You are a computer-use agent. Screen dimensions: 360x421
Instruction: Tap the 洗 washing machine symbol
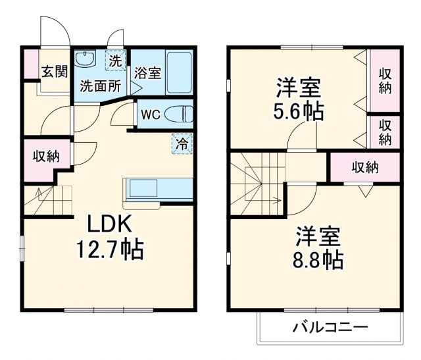pos(115,61)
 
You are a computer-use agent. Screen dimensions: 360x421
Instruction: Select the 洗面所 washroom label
pos(101,85)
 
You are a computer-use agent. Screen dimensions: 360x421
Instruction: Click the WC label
pos(151,115)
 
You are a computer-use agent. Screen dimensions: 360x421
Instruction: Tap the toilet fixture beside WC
pos(178,114)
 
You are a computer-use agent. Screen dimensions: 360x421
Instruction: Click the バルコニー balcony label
pos(330,326)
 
